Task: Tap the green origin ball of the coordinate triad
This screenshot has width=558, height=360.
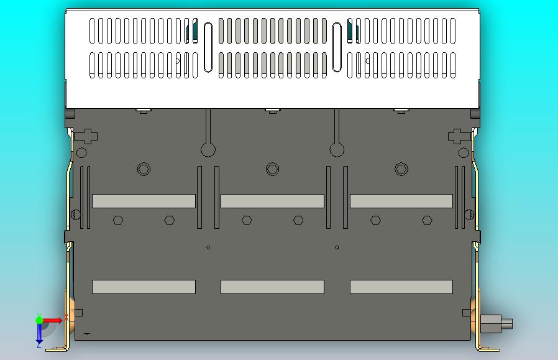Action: click(x=39, y=320)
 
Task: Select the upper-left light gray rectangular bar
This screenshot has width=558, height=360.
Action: click(x=144, y=201)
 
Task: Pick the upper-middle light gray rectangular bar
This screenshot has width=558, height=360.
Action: click(x=272, y=201)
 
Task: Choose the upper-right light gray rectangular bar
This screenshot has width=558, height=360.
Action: click(x=401, y=201)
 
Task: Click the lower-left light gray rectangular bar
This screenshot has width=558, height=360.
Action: click(x=144, y=287)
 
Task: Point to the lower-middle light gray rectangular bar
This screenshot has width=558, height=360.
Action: click(x=272, y=287)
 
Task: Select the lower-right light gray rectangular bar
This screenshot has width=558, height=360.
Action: click(x=401, y=287)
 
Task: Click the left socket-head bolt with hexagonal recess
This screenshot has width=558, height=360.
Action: click(x=144, y=169)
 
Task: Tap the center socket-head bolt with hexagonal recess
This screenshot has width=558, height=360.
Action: click(x=272, y=168)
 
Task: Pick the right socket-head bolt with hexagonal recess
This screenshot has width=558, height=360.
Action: click(x=401, y=168)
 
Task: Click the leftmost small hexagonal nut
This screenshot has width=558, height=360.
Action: click(x=118, y=220)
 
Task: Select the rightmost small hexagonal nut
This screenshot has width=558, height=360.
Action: click(x=427, y=220)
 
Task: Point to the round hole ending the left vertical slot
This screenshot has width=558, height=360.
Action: click(x=208, y=149)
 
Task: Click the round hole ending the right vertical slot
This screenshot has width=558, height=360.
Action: click(x=337, y=149)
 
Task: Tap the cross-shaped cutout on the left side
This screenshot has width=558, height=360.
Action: click(x=88, y=136)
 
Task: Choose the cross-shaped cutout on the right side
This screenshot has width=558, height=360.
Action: click(x=457, y=136)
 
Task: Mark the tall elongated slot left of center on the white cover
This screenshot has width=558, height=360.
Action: click(x=208, y=47)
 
